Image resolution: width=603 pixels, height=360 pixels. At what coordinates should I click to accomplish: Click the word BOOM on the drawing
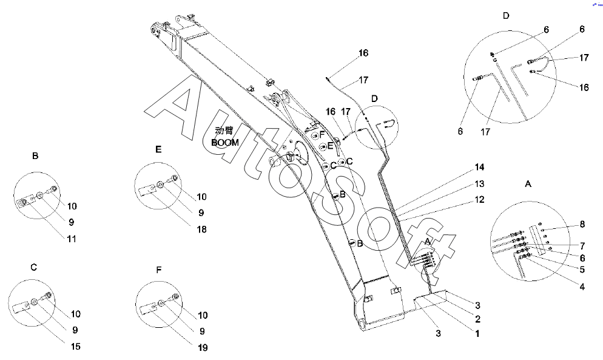225,142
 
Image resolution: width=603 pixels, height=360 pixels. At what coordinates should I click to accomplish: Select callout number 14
479,166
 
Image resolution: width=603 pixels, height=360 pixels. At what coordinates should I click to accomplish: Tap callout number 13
479,184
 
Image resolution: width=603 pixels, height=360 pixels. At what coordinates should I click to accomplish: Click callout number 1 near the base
477,333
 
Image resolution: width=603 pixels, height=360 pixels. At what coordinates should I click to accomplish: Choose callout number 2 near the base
477,319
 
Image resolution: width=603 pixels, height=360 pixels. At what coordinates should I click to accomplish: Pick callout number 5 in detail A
582,269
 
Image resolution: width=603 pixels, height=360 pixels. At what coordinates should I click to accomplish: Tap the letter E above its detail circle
158,149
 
